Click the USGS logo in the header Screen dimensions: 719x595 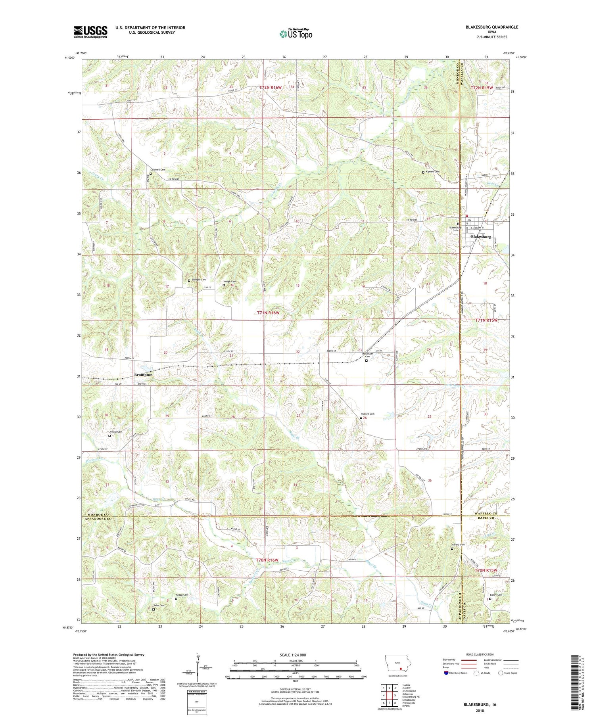pyautogui.click(x=90, y=32)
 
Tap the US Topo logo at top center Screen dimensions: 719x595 pyautogui.click(x=296, y=34)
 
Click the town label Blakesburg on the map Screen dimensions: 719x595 pyautogui.click(x=481, y=237)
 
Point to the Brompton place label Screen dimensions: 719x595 pyautogui.click(x=143, y=374)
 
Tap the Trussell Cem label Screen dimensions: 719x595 pyautogui.click(x=367, y=414)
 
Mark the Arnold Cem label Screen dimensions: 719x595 pyautogui.click(x=115, y=431)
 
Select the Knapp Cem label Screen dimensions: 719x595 pyautogui.click(x=182, y=595)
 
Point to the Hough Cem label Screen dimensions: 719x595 pyautogui.click(x=229, y=281)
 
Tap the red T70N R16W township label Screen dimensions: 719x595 pyautogui.click(x=267, y=560)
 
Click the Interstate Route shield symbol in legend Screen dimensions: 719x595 pyautogui.click(x=446, y=673)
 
